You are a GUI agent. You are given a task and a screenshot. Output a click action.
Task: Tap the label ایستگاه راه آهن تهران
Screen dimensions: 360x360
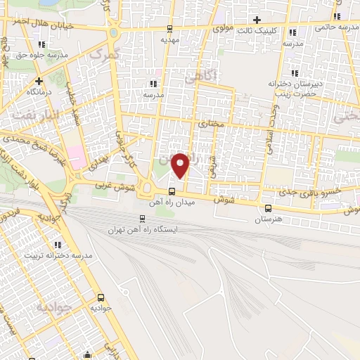click(143, 229)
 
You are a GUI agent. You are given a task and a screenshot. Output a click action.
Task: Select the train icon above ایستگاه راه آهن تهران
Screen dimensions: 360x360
click(143, 218)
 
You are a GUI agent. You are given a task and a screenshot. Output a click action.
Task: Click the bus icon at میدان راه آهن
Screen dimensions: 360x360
click(172, 191)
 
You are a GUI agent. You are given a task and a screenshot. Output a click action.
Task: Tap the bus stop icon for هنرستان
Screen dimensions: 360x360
click(268, 207)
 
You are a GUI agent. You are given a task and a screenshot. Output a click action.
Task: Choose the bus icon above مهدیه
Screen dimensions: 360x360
click(169, 29)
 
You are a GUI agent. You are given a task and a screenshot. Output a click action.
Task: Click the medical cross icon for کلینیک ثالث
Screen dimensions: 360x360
click(257, 20)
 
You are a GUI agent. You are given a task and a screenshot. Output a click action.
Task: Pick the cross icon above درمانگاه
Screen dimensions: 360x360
click(39, 81)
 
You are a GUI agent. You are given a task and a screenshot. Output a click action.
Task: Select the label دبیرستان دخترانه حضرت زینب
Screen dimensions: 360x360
click(295, 88)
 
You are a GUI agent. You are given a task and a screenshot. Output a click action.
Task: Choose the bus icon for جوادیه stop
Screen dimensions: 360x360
click(101, 297)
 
